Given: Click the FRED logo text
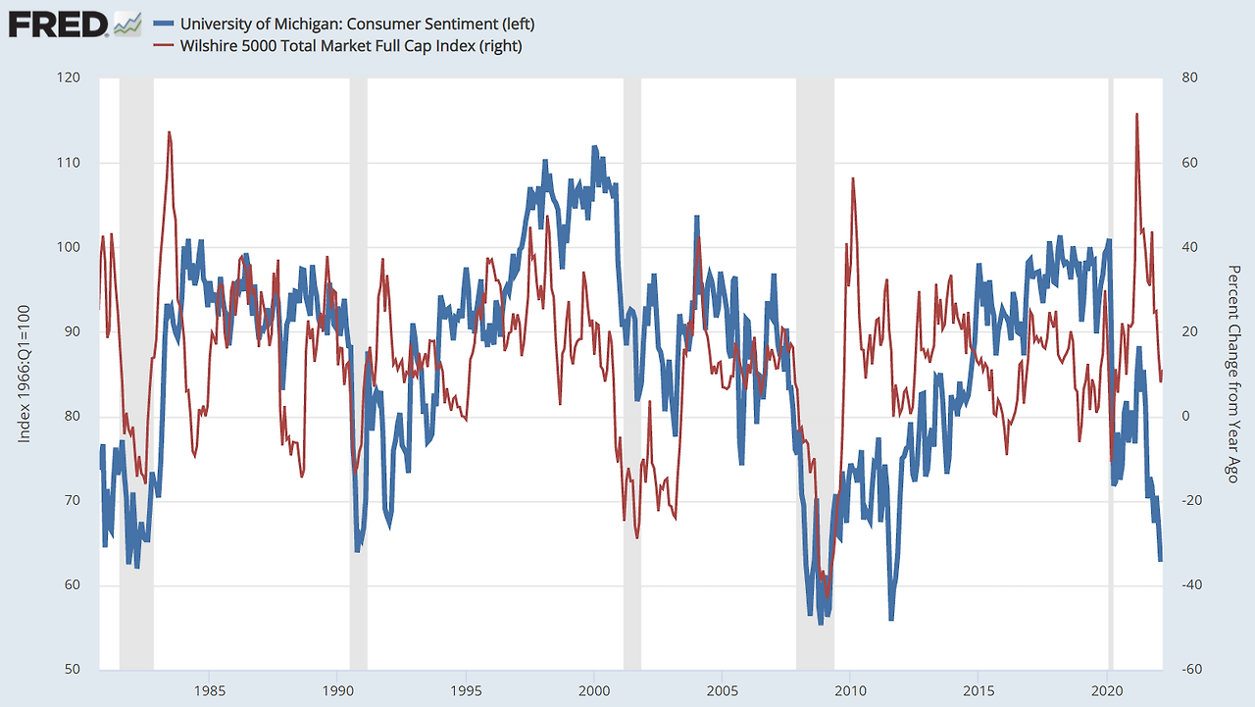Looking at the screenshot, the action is pos(58,25).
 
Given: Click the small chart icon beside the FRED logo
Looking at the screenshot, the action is pos(127,25).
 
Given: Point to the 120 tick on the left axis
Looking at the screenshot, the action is pos(69,77).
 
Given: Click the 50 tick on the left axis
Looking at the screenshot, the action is pos(73,669).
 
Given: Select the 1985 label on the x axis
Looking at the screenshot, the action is pos(210,690).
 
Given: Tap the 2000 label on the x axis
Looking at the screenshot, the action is pos(594,690).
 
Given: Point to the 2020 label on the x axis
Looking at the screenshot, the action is pos(1108,690).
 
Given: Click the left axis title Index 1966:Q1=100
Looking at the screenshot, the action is pos(24,374).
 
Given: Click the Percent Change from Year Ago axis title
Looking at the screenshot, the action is pos(1233,374).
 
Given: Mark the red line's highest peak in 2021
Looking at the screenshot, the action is pos(1136,114).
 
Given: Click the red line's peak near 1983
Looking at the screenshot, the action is pos(170,132).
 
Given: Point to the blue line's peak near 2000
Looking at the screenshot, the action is pos(594,147).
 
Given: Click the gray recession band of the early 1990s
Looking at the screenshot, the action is pos(359,374).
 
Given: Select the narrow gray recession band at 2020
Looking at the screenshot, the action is pos(1111,374).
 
